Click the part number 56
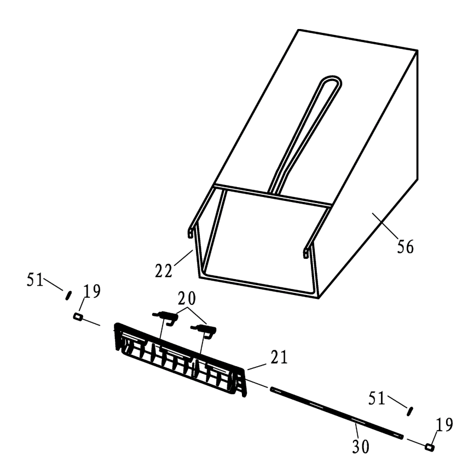405,247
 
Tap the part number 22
164,270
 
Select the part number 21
279,357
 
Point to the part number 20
187,298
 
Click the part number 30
361,446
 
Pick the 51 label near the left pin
35,279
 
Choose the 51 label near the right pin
377,398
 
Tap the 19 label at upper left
92,291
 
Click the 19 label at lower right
444,425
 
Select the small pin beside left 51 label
68,295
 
